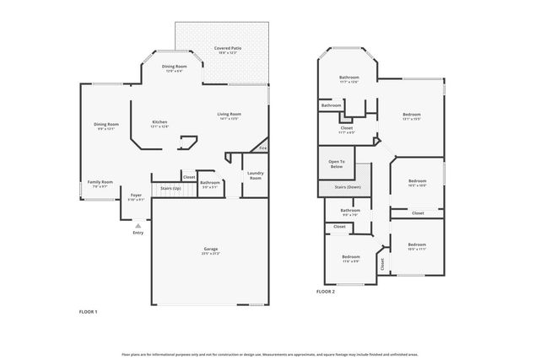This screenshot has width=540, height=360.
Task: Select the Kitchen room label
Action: point(159,123)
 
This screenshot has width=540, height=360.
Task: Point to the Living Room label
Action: point(229,115)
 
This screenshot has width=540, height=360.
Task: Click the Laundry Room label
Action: point(255,175)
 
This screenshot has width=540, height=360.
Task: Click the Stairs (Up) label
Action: point(166,188)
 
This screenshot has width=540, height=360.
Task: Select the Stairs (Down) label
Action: point(348,187)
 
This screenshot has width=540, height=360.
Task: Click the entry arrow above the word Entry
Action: point(138,226)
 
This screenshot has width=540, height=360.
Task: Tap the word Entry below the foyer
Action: point(138,234)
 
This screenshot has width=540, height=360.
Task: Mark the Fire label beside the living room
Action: point(262,148)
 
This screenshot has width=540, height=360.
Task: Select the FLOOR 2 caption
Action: point(326,292)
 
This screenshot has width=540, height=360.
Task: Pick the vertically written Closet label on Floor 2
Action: point(381,263)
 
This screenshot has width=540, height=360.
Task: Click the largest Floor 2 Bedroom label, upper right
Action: point(411,115)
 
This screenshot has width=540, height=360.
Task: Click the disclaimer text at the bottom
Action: point(270,353)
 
